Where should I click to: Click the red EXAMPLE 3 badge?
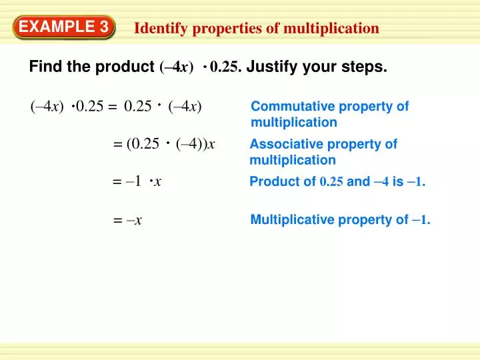(x=64, y=27)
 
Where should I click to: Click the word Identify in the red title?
(x=157, y=28)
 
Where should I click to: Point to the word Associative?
(x=283, y=144)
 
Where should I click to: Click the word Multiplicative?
(x=288, y=219)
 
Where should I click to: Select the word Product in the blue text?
(x=273, y=182)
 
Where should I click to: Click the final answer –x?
(x=133, y=220)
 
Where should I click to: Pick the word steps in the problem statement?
(x=369, y=67)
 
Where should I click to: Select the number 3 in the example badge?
(x=104, y=27)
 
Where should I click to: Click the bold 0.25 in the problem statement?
(x=225, y=67)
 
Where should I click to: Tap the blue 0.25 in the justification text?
(x=331, y=183)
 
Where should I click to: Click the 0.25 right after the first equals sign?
(x=138, y=107)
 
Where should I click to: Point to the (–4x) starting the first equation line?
(x=47, y=107)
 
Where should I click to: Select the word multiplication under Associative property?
(x=293, y=160)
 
